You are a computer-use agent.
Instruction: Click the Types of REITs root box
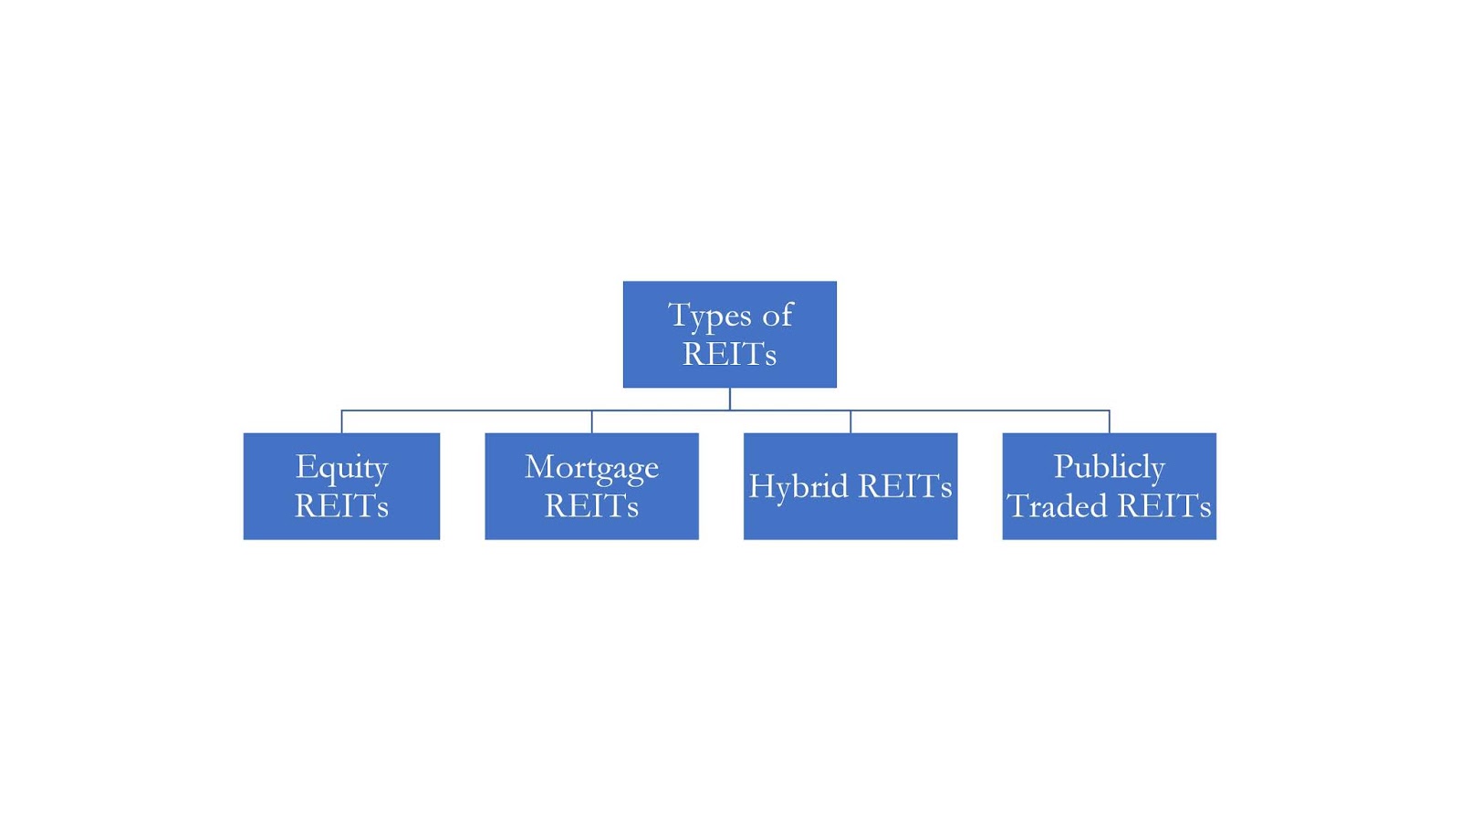[729, 334]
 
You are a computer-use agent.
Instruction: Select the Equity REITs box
[341, 485]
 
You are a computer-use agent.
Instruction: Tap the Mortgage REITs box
[591, 485]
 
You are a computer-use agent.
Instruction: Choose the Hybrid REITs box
[850, 485]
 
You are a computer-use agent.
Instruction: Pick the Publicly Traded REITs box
[1109, 485]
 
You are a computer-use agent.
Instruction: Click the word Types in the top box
[709, 316]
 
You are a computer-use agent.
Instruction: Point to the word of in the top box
[777, 316]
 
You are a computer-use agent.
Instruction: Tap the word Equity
[341, 468]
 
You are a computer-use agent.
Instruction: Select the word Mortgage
[591, 468]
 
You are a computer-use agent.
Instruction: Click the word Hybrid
[798, 486]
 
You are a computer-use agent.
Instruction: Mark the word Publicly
[1109, 467]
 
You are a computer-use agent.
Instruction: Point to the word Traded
[1057, 505]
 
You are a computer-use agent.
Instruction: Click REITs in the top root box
[729, 354]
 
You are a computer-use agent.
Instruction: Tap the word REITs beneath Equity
[341, 505]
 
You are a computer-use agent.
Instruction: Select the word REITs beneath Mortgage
[591, 505]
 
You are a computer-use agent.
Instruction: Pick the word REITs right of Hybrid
[904, 486]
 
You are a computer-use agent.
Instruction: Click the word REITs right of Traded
[1163, 505]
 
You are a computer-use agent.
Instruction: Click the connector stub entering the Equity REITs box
[341, 421]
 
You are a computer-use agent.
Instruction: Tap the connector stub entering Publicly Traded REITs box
[1109, 421]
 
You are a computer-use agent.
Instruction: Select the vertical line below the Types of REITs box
[729, 399]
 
